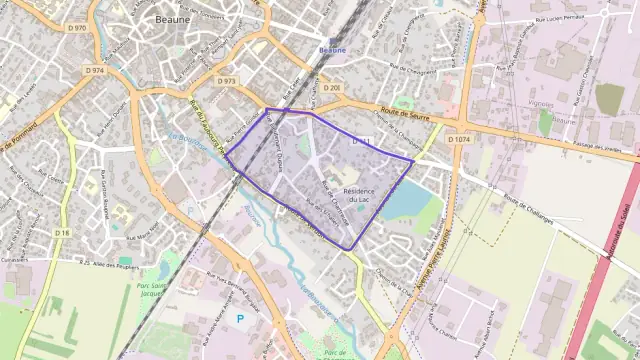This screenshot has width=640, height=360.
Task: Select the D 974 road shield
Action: pos(95,70)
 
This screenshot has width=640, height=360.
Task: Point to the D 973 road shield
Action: pos(226,81)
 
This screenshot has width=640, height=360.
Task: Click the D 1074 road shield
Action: pos(459,139)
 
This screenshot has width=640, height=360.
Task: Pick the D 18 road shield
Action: pos(63,232)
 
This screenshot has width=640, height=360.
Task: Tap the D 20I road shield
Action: pos(331,88)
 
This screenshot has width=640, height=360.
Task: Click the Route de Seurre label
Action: pos(404,116)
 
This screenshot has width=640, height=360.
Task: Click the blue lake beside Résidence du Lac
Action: pos(404,199)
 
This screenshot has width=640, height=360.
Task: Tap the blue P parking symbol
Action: pos(239,318)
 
